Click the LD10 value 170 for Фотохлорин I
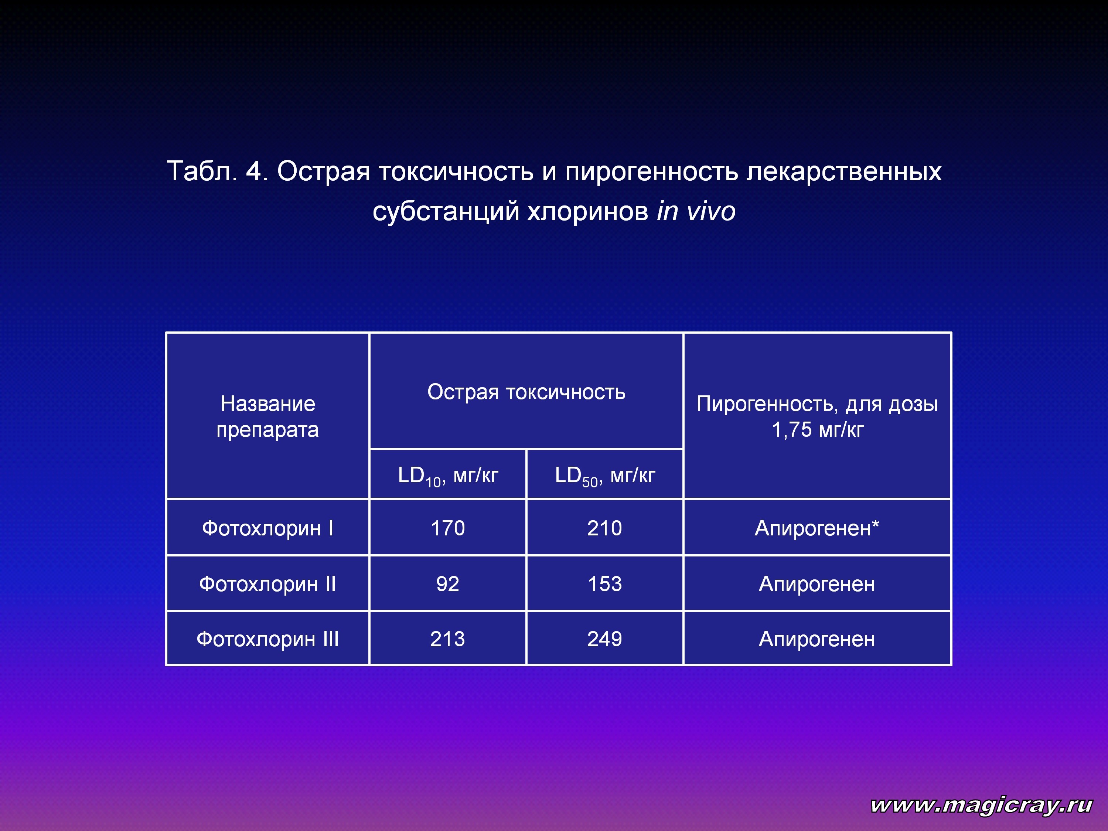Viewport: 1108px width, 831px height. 448,528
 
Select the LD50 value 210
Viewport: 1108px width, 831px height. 604,528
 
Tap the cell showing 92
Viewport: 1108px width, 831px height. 448,583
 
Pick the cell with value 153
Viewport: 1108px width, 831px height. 604,583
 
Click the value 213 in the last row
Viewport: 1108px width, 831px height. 448,638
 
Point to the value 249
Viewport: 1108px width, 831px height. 604,638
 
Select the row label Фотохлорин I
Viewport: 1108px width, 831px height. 267,528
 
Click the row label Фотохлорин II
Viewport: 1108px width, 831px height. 267,583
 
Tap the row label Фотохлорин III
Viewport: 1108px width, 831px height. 267,638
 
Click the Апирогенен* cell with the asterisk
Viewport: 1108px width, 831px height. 817,528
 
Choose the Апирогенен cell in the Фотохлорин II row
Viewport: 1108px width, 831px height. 817,583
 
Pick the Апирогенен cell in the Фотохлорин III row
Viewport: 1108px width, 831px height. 817,638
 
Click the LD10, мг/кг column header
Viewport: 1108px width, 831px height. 448,475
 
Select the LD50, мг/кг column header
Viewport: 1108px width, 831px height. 604,475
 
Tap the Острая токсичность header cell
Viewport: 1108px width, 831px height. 526,392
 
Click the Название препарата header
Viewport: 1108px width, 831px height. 267,417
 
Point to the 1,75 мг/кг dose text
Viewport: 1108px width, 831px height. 818,430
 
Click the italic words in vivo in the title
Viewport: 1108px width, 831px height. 696,211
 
